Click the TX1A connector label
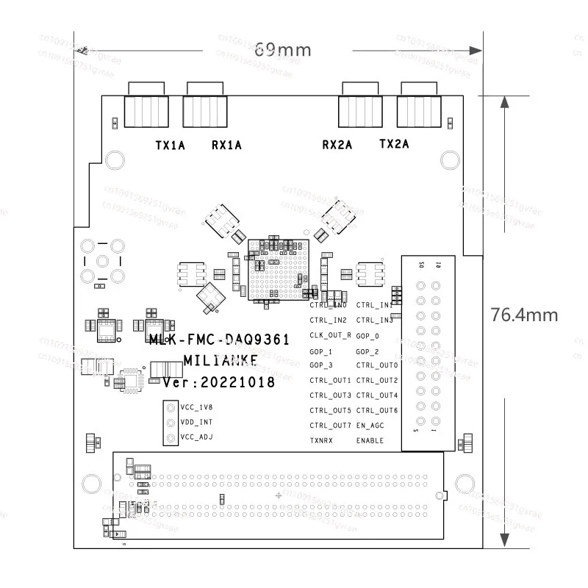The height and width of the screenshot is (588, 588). pyautogui.click(x=170, y=146)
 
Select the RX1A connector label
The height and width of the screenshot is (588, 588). pyautogui.click(x=226, y=146)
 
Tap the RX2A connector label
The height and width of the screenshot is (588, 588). pyautogui.click(x=337, y=145)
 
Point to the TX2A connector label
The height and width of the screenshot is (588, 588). pyautogui.click(x=394, y=145)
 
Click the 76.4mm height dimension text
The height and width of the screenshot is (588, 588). pyautogui.click(x=524, y=315)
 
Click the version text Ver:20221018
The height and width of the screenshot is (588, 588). pyautogui.click(x=219, y=382)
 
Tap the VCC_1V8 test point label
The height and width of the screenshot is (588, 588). pyautogui.click(x=196, y=407)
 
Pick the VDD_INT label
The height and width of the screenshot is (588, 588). pyautogui.click(x=196, y=423)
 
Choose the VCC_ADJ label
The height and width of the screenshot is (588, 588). pyautogui.click(x=196, y=437)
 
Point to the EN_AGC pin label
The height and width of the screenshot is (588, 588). pyautogui.click(x=370, y=425)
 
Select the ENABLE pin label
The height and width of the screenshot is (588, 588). pyautogui.click(x=370, y=440)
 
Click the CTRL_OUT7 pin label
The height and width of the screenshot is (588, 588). pyautogui.click(x=330, y=425)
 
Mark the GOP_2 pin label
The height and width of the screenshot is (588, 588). pyautogui.click(x=367, y=351)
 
